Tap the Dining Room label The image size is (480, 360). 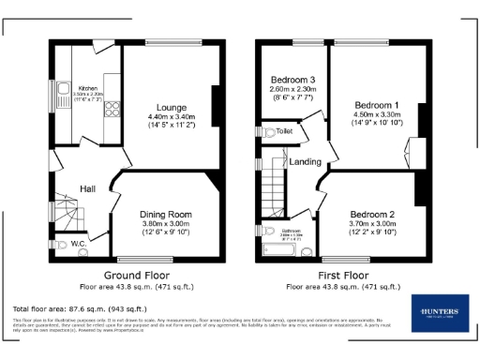165,214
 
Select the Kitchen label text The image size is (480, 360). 88,87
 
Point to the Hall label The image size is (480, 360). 87,188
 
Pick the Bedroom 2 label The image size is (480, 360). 372,214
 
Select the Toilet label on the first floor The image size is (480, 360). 283,132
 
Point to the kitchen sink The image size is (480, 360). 63,92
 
